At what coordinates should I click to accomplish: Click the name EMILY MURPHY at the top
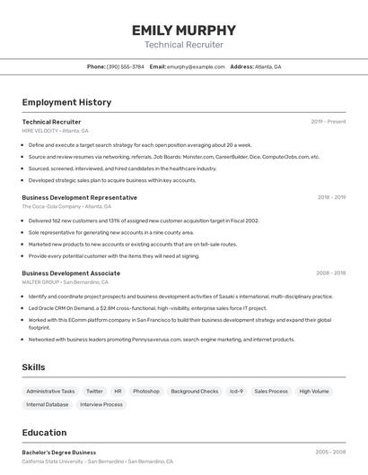click(184, 30)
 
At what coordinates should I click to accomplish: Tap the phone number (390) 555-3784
click(125, 66)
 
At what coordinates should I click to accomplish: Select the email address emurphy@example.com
click(195, 66)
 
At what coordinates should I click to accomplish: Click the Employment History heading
click(66, 102)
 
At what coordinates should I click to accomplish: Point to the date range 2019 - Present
click(329, 121)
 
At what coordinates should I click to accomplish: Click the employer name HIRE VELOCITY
click(39, 131)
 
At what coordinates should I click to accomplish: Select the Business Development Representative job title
click(80, 197)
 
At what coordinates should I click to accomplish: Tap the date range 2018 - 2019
click(331, 197)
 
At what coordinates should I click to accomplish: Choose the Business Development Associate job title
click(71, 272)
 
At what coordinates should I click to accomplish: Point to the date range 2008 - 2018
click(331, 272)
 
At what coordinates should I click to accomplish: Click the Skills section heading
click(33, 367)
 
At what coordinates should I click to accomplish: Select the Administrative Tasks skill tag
click(50, 392)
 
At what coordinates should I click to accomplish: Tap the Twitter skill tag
click(94, 392)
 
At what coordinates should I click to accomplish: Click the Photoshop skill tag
click(146, 392)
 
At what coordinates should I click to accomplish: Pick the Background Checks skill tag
click(195, 392)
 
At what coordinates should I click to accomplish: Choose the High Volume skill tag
click(314, 392)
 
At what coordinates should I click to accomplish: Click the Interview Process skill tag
click(101, 405)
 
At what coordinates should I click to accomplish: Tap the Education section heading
click(44, 432)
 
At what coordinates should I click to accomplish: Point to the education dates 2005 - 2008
click(331, 453)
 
